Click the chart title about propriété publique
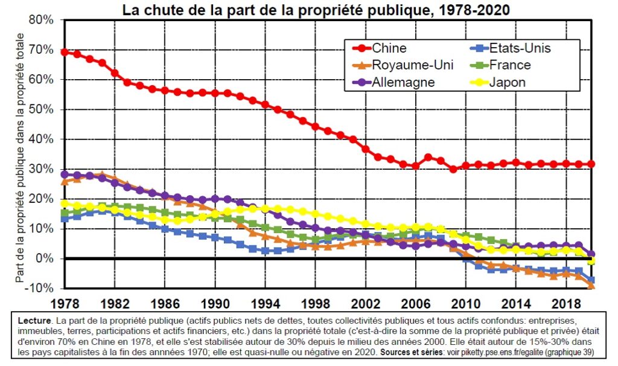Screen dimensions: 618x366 pos(316,10)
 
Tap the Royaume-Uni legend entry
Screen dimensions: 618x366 pos(403,65)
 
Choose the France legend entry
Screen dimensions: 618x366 pos(500,65)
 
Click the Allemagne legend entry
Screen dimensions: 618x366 pos(393,82)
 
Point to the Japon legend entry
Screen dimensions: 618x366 pos(498,82)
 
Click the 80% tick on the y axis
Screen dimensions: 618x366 pos(40,20)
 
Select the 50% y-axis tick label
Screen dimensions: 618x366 pos(40,109)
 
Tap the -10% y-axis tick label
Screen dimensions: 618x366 pos(39,288)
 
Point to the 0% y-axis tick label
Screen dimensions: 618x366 pos(44,258)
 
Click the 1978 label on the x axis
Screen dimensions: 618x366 pos(65,304)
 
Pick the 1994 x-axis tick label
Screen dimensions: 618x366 pos(266,304)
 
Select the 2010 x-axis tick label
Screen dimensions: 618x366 pos(465,304)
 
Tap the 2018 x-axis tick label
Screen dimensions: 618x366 pos(565,304)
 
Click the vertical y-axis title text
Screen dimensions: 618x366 pos(19,158)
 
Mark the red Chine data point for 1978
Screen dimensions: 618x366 pos(65,52)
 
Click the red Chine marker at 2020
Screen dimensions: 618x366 pos(591,164)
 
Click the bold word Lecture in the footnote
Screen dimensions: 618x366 pos(34,321)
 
